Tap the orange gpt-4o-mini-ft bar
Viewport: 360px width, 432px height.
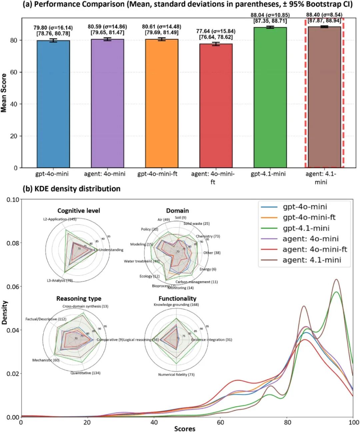tap(162, 103)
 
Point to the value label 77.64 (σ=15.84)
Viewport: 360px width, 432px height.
tap(216, 31)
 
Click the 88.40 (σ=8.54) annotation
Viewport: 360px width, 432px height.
tap(324, 15)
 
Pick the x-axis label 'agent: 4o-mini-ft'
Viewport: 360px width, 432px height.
tap(213, 178)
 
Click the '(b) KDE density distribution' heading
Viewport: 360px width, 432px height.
tap(71, 189)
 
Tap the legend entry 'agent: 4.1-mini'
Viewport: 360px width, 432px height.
tap(312, 260)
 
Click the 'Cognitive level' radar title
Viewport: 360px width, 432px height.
tap(79, 211)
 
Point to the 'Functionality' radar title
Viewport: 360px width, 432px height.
tap(177, 299)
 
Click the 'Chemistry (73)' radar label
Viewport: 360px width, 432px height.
tap(208, 236)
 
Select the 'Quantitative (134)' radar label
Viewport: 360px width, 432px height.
tap(85, 373)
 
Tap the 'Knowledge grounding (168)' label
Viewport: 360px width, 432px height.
tap(176, 305)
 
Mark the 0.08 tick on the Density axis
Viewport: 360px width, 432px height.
tap(13, 243)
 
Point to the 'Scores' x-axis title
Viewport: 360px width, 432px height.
tap(185, 429)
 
